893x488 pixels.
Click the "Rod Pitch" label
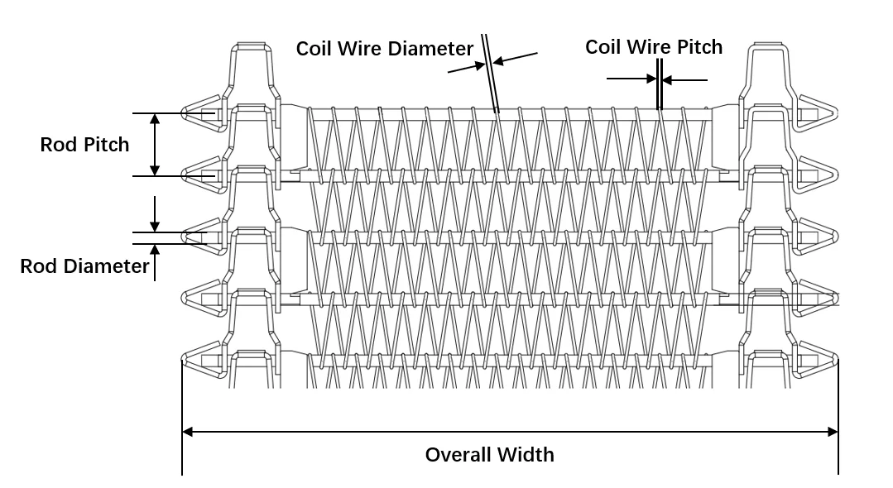click(84, 146)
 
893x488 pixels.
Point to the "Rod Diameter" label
click(84, 266)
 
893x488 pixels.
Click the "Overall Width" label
click(489, 455)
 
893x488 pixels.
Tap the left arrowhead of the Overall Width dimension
click(188, 431)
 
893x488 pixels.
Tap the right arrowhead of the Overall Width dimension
click(833, 431)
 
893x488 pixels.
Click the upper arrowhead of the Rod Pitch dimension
click(155, 119)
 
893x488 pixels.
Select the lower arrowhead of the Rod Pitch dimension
click(155, 170)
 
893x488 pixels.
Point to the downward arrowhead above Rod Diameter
click(155, 227)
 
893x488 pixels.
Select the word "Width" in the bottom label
click(526, 455)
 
